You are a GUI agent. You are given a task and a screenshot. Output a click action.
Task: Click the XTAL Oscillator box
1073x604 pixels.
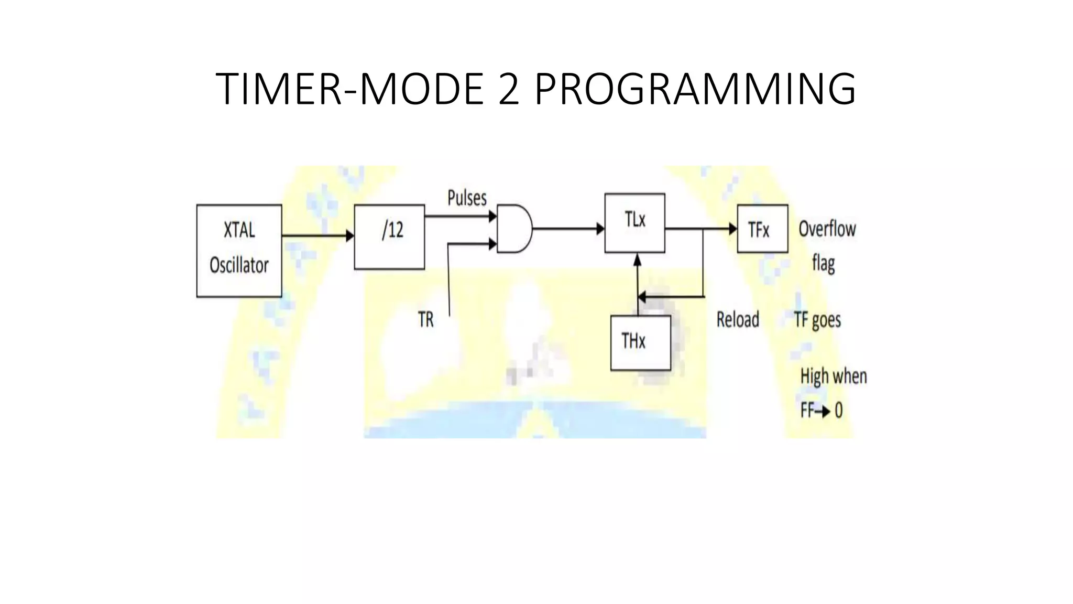239,251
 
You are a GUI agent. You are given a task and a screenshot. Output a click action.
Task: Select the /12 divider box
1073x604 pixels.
389,236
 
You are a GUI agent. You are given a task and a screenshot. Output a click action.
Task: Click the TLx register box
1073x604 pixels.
634,223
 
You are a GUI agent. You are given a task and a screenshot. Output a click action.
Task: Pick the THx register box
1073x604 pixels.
640,343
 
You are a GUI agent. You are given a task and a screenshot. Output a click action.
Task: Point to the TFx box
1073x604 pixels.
762,229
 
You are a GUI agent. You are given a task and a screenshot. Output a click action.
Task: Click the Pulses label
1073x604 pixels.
467,198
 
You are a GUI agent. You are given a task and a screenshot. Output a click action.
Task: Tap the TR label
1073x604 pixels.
426,319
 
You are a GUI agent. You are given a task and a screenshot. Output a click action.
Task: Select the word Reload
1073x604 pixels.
737,319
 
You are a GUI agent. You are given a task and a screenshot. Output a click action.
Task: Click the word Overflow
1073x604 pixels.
827,229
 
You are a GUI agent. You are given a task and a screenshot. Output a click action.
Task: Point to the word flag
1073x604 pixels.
823,263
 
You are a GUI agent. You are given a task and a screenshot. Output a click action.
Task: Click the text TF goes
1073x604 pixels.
817,320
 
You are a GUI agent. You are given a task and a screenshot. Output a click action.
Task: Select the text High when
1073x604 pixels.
833,376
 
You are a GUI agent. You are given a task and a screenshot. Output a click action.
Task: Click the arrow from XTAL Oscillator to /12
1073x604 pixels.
317,236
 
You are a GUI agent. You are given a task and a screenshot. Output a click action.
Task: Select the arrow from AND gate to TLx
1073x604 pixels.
568,229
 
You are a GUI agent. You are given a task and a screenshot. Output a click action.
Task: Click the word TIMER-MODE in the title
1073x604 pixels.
349,89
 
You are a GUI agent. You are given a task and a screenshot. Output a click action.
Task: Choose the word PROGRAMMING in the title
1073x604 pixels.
695,89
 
